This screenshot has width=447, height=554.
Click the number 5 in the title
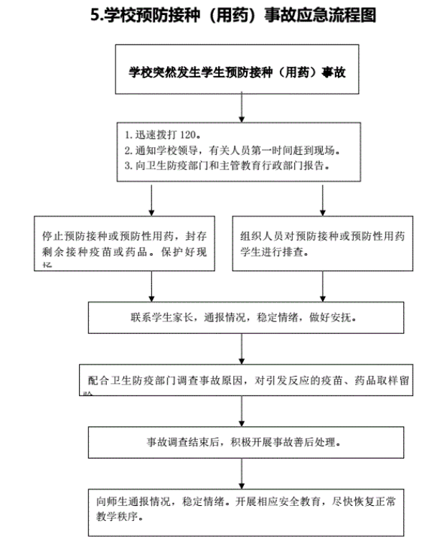coord(95,14)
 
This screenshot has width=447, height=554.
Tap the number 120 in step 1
coord(184,134)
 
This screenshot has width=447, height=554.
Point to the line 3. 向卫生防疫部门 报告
coord(227,166)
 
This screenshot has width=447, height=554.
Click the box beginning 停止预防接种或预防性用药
coord(125,243)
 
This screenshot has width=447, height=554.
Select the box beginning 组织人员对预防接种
coord(322,243)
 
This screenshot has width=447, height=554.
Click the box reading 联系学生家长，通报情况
coord(243,317)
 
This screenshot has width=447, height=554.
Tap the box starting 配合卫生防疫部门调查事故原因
coord(245,380)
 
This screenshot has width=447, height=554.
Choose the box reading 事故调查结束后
coord(243,442)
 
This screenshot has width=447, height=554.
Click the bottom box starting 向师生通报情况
coord(243,510)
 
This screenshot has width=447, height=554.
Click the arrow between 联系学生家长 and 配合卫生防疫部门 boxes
coord(243,349)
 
